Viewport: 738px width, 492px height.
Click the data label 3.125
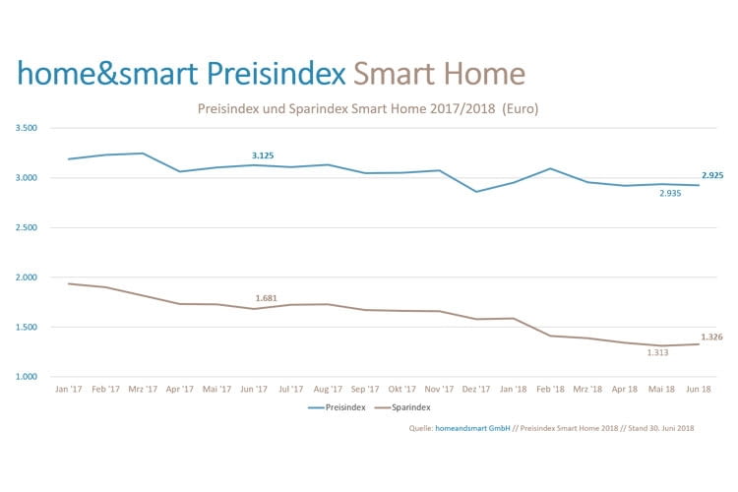263,155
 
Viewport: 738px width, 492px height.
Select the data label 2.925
712,174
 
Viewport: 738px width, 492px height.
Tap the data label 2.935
669,193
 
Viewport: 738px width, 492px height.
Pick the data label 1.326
712,337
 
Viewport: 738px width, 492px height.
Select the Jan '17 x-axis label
68,389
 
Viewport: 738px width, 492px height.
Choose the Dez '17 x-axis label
477,389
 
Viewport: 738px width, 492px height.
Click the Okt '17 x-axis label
402,389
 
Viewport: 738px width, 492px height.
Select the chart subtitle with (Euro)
369,107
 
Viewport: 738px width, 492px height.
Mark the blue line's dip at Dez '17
477,191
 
